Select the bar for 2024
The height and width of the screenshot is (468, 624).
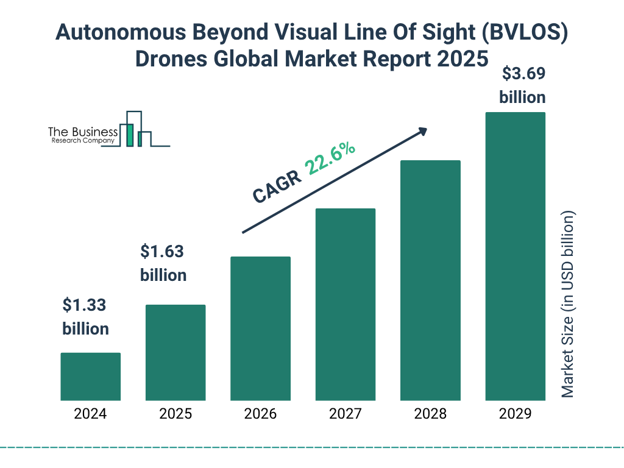[x=90, y=377]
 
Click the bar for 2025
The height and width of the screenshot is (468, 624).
[x=175, y=352]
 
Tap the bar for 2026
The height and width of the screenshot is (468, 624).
[x=260, y=328]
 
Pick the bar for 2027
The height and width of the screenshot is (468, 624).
[x=345, y=304]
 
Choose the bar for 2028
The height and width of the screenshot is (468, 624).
[x=430, y=280]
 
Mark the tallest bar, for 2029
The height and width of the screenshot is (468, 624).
[x=515, y=256]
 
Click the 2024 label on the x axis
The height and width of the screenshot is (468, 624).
[x=90, y=414]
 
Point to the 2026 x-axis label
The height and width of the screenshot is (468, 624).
[x=260, y=414]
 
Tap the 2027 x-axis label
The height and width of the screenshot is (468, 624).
[x=345, y=414]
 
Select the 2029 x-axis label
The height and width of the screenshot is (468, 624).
[x=515, y=414]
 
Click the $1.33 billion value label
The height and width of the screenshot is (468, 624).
[x=86, y=317]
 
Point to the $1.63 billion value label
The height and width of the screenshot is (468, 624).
[x=163, y=263]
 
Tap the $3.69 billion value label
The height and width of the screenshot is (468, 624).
[x=523, y=85]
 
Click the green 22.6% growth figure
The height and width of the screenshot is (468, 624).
[x=331, y=159]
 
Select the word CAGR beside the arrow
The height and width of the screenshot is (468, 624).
[x=277, y=185]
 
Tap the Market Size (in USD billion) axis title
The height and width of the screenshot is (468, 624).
[x=568, y=305]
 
